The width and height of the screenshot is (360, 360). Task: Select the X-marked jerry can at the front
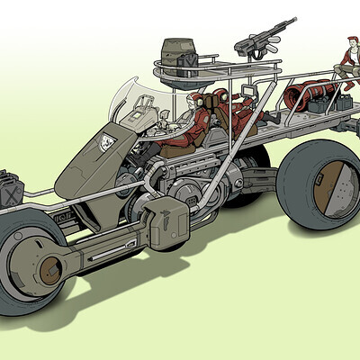click(12, 188)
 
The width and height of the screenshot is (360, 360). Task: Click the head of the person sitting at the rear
click(350, 42)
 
